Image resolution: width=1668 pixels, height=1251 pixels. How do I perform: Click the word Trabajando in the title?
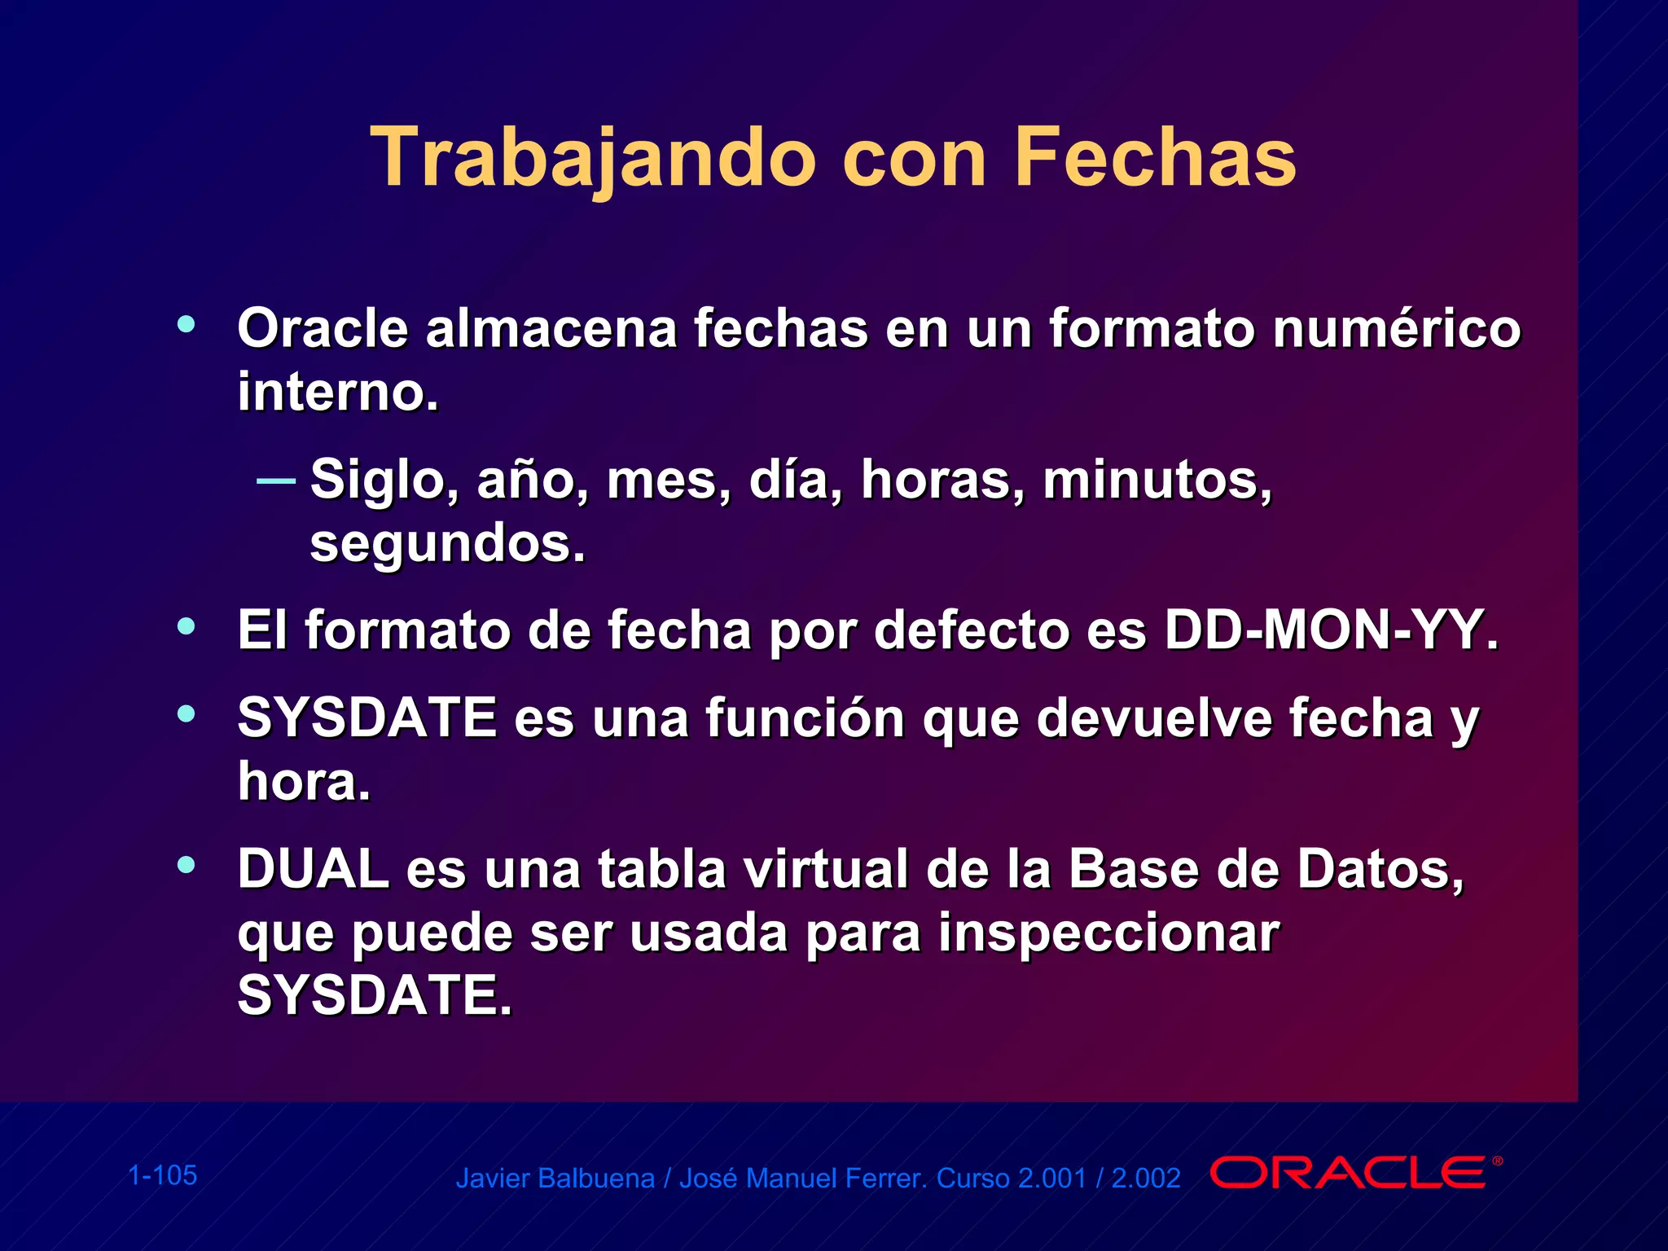(593, 159)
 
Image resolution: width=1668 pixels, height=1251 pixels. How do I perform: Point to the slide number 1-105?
(163, 1175)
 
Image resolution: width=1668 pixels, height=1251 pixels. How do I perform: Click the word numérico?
(1396, 328)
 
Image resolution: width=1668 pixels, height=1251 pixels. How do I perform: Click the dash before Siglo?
(275, 481)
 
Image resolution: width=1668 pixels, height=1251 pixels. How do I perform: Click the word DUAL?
(313, 869)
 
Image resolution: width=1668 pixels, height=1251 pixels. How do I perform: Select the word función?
(805, 718)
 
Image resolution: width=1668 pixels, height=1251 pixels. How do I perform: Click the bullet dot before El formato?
(187, 627)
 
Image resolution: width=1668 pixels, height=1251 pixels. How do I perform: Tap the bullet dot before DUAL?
(187, 865)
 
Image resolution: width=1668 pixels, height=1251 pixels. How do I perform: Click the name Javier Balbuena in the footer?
(555, 1179)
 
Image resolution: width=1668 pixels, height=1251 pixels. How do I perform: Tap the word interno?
(337, 392)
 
